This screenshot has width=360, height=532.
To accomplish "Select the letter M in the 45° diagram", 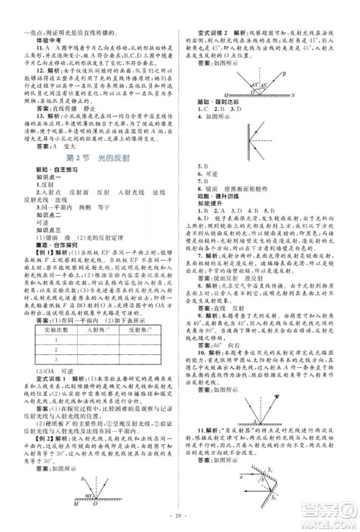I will pos(210,96).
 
